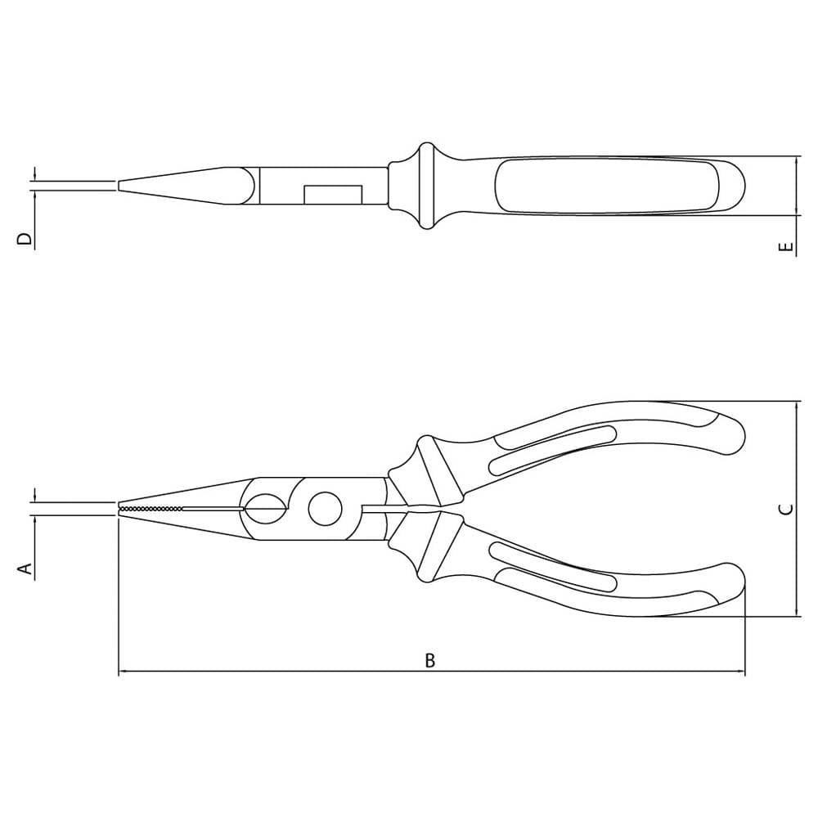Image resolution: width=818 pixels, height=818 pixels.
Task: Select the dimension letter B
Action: tap(429, 660)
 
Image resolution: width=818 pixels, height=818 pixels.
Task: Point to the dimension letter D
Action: tap(25, 239)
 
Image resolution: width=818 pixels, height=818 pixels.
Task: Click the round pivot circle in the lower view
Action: tap(326, 509)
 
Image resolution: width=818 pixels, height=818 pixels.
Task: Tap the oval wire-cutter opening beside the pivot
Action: tap(265, 508)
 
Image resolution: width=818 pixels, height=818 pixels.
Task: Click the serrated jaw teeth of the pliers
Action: tap(151, 508)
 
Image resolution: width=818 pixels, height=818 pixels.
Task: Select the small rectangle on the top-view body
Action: tap(333, 194)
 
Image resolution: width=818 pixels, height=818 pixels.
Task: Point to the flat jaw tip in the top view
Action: tap(119, 186)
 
